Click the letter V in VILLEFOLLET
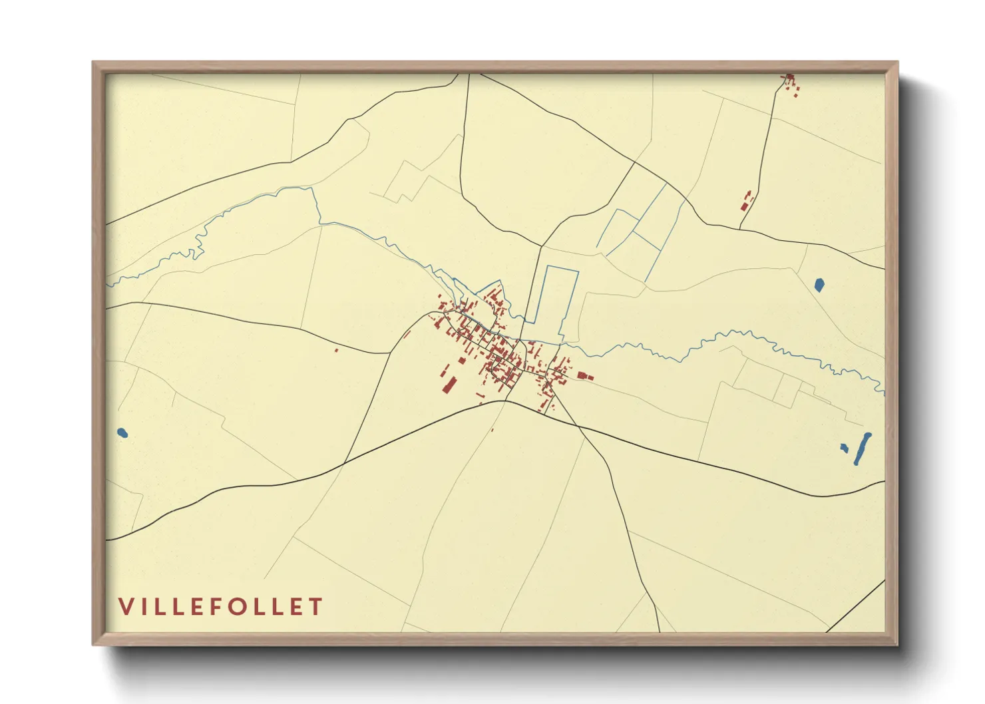coord(126,606)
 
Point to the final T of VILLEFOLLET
coord(315,606)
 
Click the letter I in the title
coord(146,606)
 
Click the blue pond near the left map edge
coord(122,433)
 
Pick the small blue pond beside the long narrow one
coord(845,448)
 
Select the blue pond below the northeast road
coord(819,285)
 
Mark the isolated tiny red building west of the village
coord(336,350)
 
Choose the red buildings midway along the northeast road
coord(747,200)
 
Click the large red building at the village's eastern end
coord(584,376)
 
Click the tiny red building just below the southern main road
coord(492,429)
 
